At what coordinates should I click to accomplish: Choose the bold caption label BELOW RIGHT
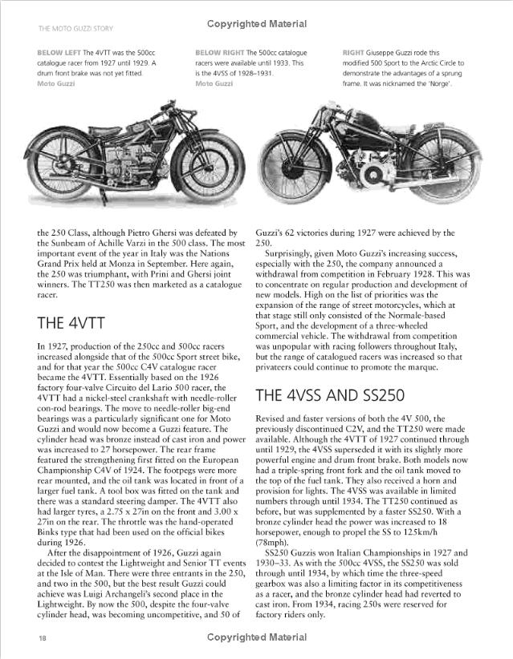(x=220, y=52)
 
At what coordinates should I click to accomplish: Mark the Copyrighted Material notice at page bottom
(x=256, y=637)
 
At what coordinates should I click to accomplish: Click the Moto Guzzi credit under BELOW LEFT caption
(x=55, y=83)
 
